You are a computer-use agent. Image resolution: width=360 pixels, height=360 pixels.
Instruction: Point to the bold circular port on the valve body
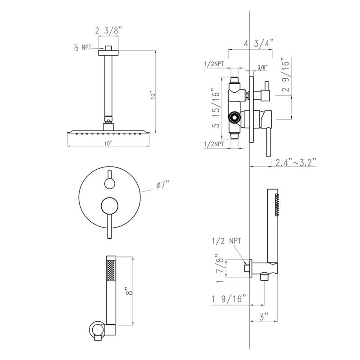234,118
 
